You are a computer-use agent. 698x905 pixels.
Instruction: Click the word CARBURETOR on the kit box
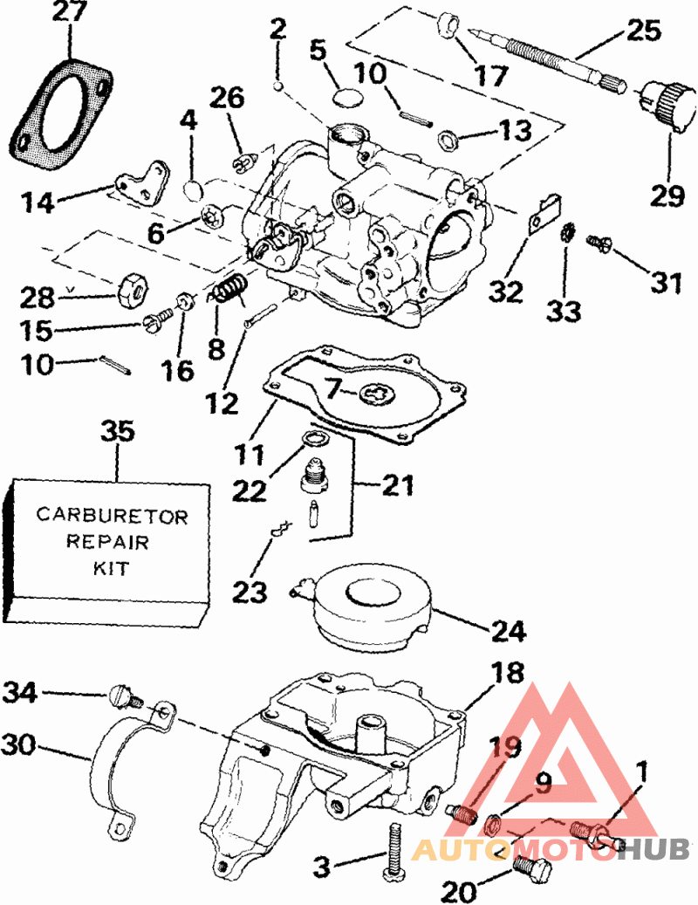[112, 515]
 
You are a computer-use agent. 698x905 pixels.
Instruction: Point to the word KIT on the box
[111, 568]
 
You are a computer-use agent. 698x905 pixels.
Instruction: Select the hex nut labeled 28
[132, 285]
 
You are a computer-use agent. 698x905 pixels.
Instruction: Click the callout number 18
[507, 672]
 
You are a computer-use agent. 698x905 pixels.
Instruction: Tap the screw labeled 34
[125, 697]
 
